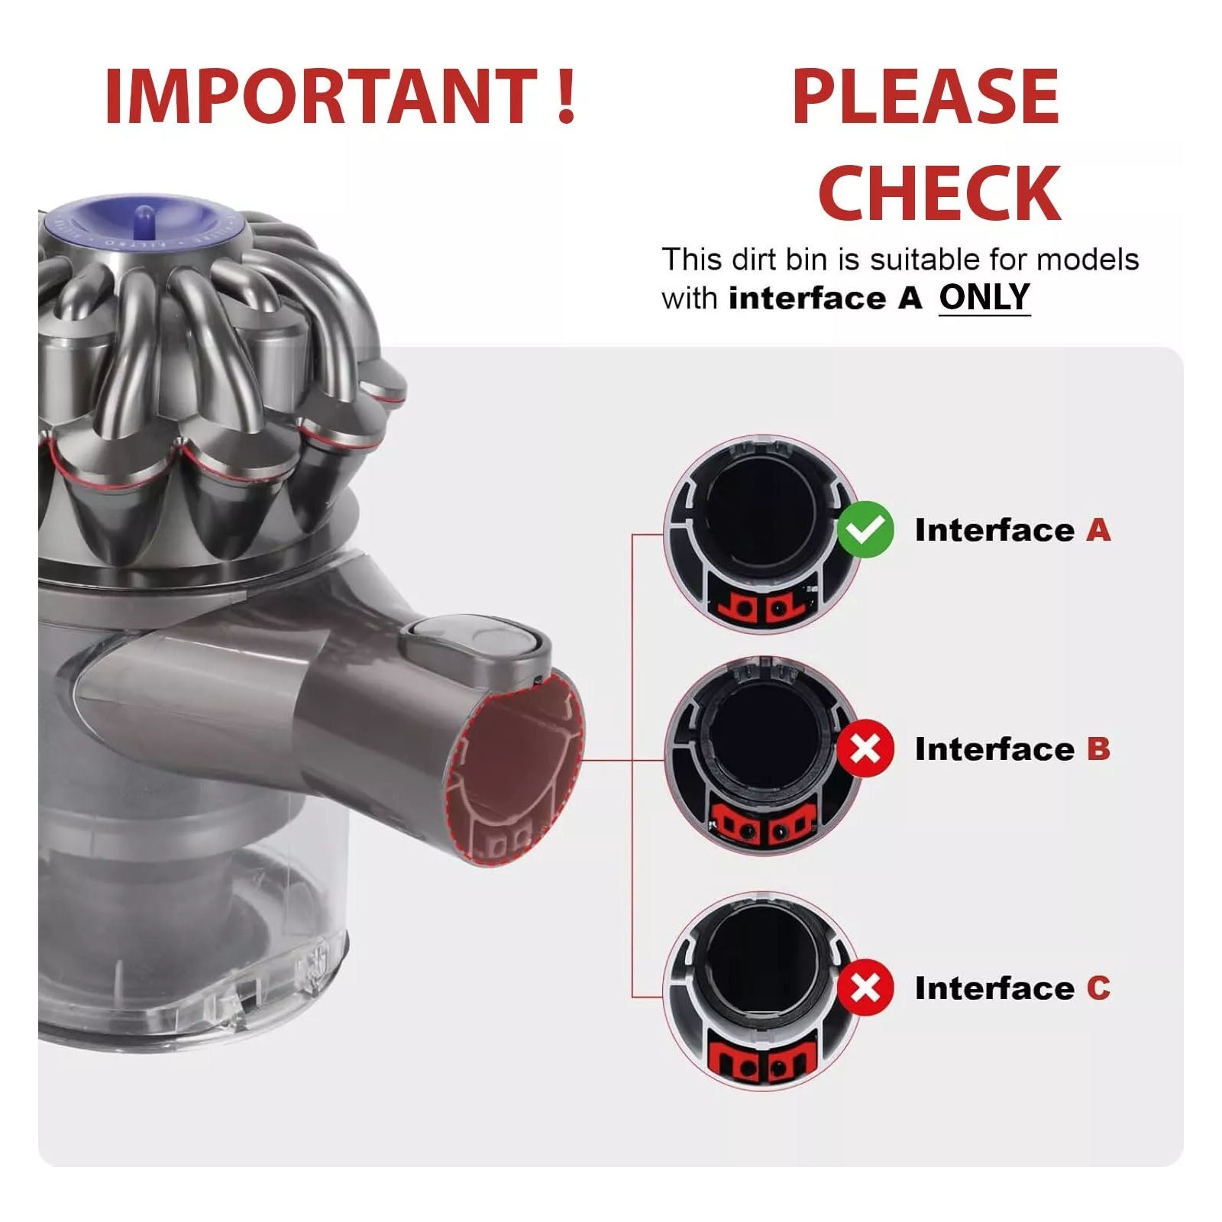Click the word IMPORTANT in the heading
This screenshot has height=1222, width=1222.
pyautogui.click(x=321, y=97)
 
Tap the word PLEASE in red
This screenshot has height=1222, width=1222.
pyautogui.click(x=926, y=97)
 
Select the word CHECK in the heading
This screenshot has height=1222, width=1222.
pyautogui.click(x=939, y=192)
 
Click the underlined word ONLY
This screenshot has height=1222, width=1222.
pyautogui.click(x=984, y=297)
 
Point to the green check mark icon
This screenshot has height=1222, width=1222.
pyautogui.click(x=865, y=530)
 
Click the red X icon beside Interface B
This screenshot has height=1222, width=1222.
pyautogui.click(x=865, y=748)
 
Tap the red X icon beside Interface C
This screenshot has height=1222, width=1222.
pyautogui.click(x=865, y=988)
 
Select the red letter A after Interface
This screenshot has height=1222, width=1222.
pyautogui.click(x=1098, y=530)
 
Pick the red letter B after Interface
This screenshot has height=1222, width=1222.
pyautogui.click(x=1098, y=748)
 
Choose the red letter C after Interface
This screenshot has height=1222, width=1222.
pyautogui.click(x=1098, y=988)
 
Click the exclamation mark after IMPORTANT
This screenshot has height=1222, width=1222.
pyautogui.click(x=566, y=97)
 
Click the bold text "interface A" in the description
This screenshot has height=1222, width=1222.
pyautogui.click(x=826, y=298)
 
